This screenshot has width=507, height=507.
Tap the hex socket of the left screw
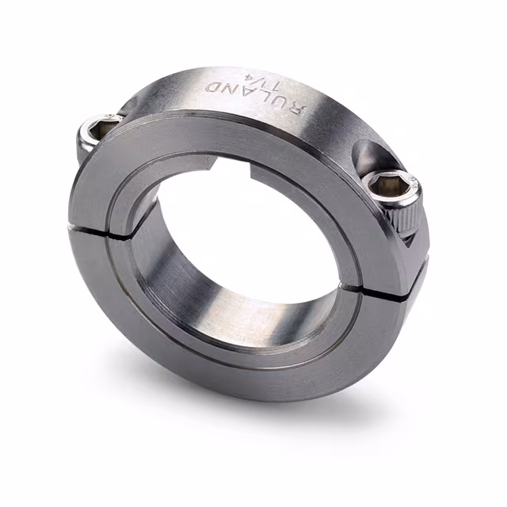click(x=100, y=124)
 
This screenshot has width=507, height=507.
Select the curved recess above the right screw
click(x=372, y=154)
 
